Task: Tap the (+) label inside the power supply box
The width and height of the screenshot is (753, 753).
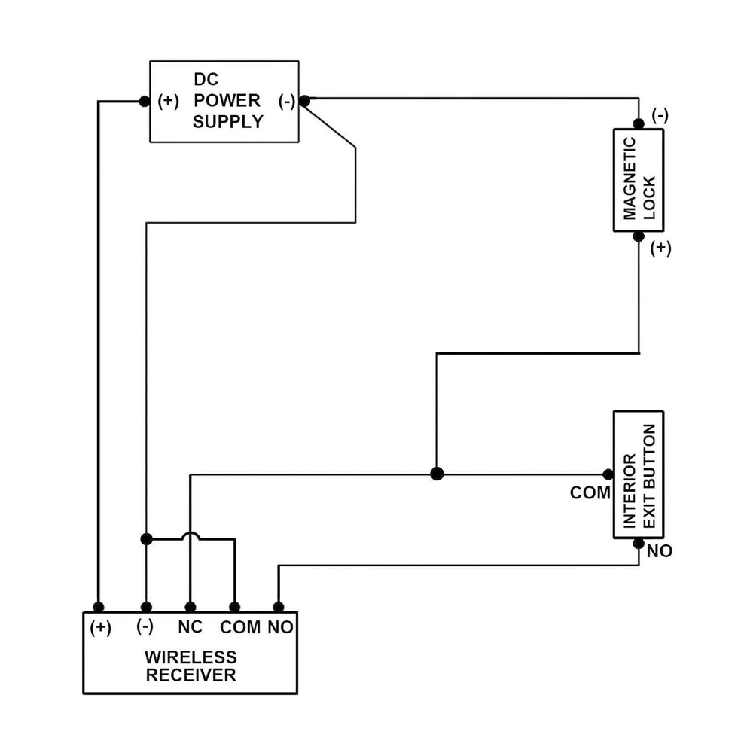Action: tap(169, 101)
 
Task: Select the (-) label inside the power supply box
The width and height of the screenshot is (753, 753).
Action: tap(286, 101)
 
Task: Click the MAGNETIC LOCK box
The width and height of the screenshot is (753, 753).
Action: tap(639, 179)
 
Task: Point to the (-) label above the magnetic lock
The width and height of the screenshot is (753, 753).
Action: tap(660, 115)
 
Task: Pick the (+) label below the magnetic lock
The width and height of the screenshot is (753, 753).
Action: tap(660, 248)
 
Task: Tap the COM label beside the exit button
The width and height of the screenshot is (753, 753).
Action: tap(590, 493)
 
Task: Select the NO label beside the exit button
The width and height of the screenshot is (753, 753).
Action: tap(659, 551)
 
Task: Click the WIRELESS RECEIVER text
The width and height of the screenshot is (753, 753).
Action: tap(191, 666)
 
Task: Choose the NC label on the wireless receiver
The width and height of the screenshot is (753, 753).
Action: tap(191, 626)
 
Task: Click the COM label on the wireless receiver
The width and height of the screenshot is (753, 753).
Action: tap(240, 626)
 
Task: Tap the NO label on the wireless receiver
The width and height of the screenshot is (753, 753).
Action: tap(280, 626)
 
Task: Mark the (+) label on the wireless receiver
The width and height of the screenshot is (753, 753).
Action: tap(100, 626)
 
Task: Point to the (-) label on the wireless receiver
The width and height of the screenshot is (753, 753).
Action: tap(145, 626)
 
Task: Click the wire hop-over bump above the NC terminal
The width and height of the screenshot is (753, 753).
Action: tap(191, 535)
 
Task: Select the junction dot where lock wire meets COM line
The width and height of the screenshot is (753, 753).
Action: tap(437, 474)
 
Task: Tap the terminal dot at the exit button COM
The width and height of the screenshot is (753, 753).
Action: tap(608, 474)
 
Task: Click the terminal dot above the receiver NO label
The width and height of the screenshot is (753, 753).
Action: tap(278, 607)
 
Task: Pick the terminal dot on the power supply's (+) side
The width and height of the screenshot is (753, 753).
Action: tap(145, 101)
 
